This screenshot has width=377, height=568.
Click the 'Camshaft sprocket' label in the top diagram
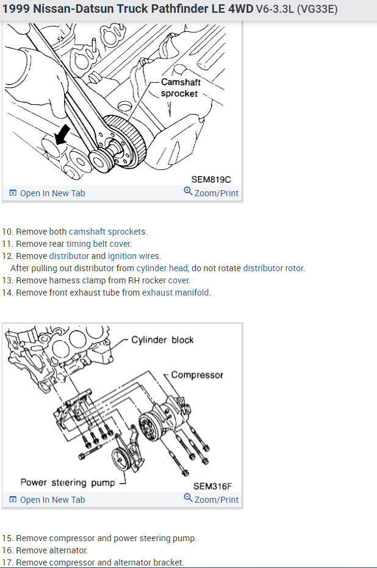coord(179,88)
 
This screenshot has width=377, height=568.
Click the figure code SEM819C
coord(211,179)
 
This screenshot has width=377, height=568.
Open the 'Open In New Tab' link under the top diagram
coord(47,193)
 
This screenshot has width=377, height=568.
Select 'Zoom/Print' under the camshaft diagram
coord(211,193)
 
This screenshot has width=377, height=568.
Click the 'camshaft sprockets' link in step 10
coord(107,232)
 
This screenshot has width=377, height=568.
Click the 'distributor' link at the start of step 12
coord(69,256)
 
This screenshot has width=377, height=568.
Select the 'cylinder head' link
coord(162,268)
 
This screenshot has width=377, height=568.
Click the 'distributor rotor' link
coord(273,268)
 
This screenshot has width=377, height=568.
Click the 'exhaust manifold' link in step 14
coord(176,293)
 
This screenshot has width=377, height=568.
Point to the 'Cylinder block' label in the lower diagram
coord(162,339)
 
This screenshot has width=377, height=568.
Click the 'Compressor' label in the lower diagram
coord(197,375)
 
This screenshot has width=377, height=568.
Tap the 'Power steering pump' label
coord(68,482)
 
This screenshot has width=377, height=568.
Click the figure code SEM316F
coord(213,486)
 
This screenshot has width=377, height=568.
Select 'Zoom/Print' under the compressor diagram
coord(211,500)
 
